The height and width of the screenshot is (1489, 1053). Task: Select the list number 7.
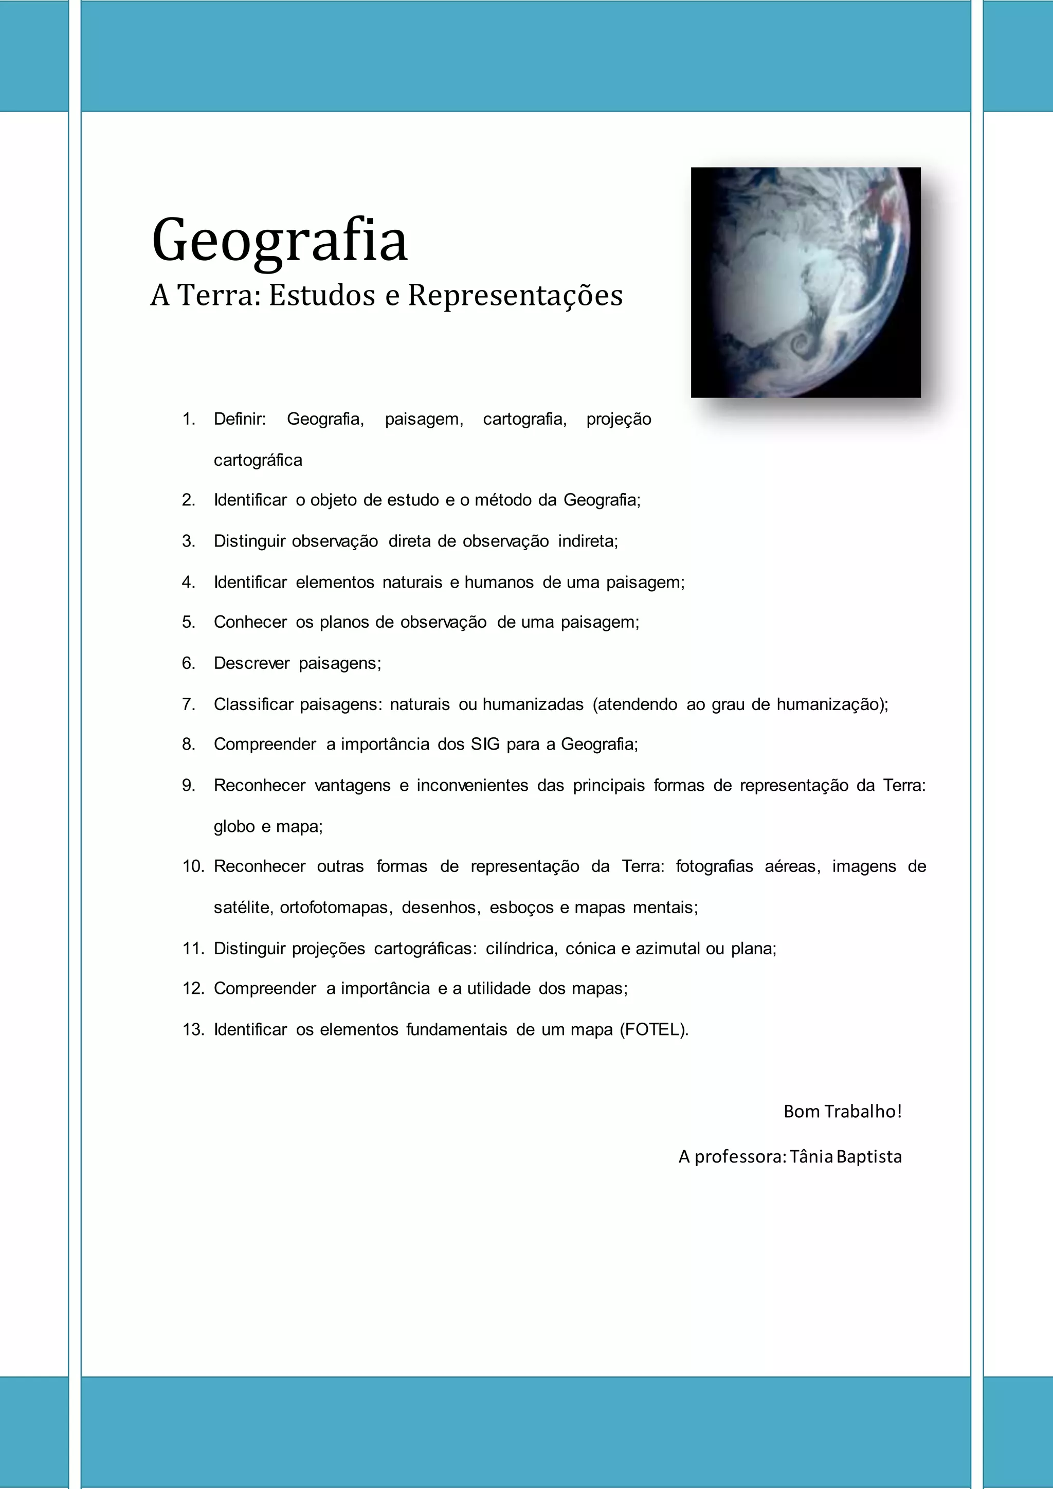[189, 704]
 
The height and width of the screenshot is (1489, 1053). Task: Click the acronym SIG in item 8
[485, 744]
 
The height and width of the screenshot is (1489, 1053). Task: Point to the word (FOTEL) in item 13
[653, 1030]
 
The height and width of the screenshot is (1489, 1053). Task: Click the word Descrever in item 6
[251, 663]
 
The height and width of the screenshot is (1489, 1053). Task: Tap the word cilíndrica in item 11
[521, 949]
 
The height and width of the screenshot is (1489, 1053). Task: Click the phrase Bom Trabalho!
[842, 1112]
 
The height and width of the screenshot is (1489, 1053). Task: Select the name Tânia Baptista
[845, 1157]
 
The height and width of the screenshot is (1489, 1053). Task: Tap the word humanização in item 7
[831, 704]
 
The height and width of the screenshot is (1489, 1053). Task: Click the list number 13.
[193, 1030]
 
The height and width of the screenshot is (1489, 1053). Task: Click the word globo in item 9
[234, 827]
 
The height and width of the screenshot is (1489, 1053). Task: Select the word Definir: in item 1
[240, 419]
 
